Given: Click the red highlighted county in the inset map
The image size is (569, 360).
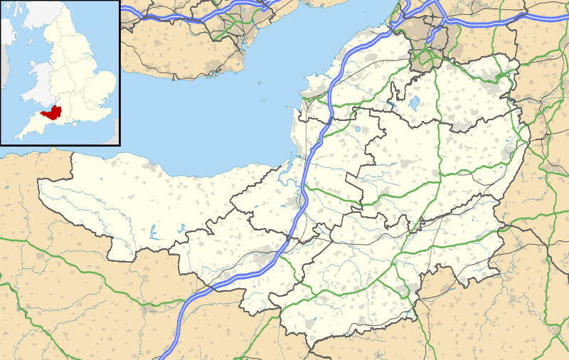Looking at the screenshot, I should click(51, 112).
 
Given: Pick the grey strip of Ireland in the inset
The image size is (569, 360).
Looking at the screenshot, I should click(6, 43).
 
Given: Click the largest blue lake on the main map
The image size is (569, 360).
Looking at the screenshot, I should click(414, 104).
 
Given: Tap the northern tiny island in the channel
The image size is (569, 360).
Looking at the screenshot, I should click(260, 83).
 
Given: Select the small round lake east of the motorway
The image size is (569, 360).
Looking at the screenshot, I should click(358, 130).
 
